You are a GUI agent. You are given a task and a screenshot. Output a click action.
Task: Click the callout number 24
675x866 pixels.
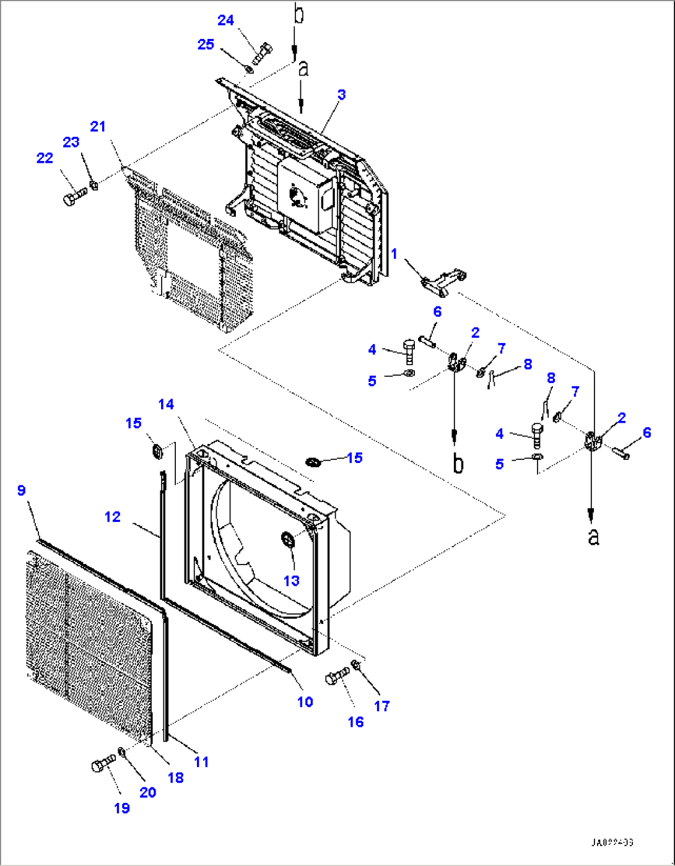coord(225,20)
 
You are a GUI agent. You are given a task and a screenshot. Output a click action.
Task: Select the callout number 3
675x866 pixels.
coord(341,95)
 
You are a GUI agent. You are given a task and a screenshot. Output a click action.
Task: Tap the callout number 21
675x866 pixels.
coord(98,127)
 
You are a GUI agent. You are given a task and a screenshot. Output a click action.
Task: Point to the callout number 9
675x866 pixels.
coord(22,490)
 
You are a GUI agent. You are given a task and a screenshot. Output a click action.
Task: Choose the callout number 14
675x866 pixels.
coord(166,404)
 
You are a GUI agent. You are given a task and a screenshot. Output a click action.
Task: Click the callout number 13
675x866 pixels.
coord(291,581)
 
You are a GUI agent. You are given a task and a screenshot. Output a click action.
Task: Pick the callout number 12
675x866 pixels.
coord(112,516)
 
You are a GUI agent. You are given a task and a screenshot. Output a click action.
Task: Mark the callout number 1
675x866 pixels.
coord(394,254)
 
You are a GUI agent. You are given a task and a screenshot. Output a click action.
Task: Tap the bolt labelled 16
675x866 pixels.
coord(336,677)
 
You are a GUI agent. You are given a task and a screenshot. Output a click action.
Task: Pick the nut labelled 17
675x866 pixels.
coord(356,665)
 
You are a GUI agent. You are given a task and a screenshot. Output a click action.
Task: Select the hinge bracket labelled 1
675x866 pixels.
coord(443,280)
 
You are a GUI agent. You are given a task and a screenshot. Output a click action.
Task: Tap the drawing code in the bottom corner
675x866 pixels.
coord(611,842)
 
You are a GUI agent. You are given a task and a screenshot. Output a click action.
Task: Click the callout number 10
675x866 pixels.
coord(305,702)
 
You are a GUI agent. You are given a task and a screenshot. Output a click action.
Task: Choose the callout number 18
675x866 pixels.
coord(176,778)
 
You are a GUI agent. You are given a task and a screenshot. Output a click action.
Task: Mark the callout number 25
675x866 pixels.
coord(206,44)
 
